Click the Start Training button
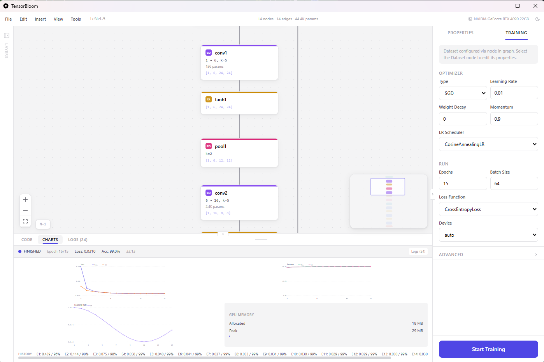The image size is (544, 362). tap(488, 349)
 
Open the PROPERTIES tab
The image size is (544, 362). tap(460, 33)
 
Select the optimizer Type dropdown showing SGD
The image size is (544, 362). tap(463, 93)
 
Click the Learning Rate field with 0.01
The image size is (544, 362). tap(514, 93)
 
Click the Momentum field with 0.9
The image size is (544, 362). tap(514, 119)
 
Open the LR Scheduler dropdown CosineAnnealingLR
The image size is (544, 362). tap(488, 144)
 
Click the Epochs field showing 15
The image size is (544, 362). tap(463, 184)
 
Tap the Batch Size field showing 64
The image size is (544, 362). tap(514, 184)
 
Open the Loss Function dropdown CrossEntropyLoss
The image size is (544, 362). tap(488, 209)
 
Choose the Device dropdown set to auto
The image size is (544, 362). tap(488, 235)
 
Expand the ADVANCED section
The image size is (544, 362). tap(488, 255)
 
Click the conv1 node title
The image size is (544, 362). tap(221, 53)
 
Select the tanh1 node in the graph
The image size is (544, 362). tap(221, 100)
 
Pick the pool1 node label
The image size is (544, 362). tap(220, 146)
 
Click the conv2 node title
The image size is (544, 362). tap(221, 193)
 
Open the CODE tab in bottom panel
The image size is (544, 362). tap(27, 240)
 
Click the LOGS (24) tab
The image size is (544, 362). tap(77, 240)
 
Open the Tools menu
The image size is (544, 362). tap(76, 19)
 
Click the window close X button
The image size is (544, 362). tap(535, 6)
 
